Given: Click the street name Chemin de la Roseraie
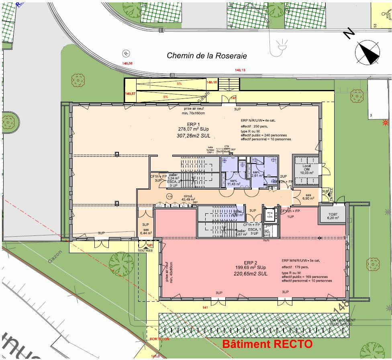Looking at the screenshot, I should pyautogui.click(x=207, y=56).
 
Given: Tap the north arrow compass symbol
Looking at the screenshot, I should pyautogui.click(x=367, y=53).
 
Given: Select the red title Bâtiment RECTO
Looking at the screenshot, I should pyautogui.click(x=267, y=344).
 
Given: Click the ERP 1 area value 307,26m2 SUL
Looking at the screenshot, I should pyautogui.click(x=194, y=136).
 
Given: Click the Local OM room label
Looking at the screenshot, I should pyautogui.click(x=306, y=169).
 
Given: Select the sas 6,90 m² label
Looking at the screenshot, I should pyautogui.click(x=308, y=197).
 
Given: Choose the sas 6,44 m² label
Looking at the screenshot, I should pyautogui.click(x=145, y=231).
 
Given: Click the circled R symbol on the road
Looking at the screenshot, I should pyautogui.click(x=127, y=53).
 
